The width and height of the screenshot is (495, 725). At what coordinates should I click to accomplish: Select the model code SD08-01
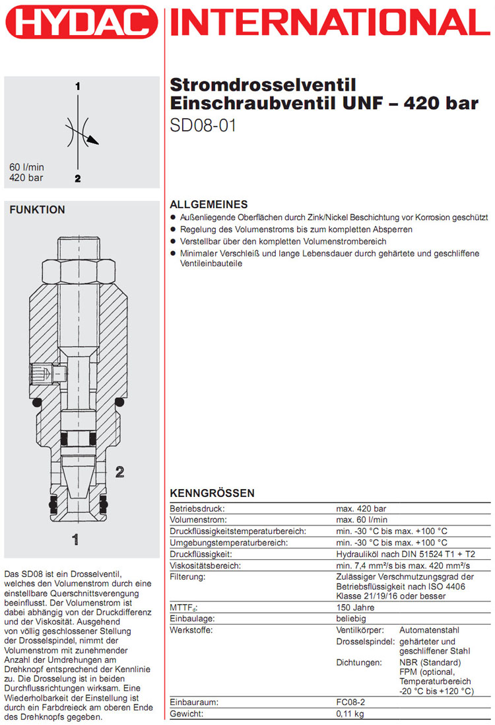[203, 125]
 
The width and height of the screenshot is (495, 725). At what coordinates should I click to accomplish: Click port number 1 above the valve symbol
[77, 87]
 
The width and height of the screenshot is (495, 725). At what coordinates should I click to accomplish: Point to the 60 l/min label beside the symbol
[26, 167]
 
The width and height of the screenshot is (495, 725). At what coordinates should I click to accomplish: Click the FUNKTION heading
[37, 210]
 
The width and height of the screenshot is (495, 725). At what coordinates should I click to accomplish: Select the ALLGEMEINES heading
[209, 204]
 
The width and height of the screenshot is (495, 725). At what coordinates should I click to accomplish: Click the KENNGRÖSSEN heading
[212, 494]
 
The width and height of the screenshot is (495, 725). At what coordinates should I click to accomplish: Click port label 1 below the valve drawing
[77, 539]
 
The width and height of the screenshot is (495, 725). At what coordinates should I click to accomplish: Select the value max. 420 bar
[361, 509]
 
